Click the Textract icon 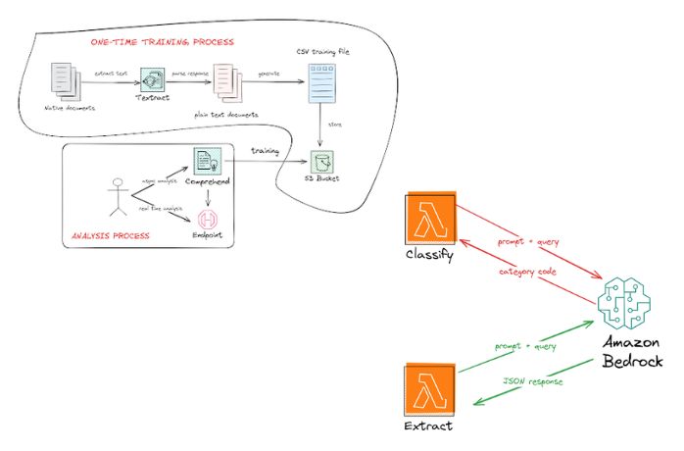pyautogui.click(x=152, y=79)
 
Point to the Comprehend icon pyautogui.click(x=208, y=160)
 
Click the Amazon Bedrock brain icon pyautogui.click(x=623, y=305)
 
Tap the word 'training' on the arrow pyautogui.click(x=265, y=150)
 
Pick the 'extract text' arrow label pyautogui.click(x=112, y=73)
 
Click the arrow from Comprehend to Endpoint pyautogui.click(x=208, y=194)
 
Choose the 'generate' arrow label pyautogui.click(x=269, y=73)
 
